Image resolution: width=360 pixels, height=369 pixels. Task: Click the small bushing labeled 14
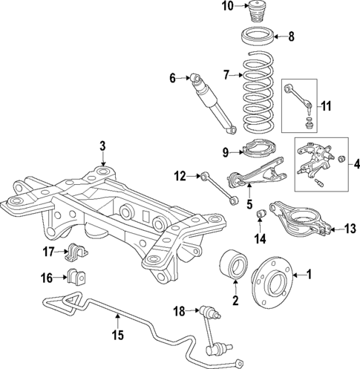[x=261, y=215]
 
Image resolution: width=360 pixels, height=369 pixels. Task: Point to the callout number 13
[x=351, y=230]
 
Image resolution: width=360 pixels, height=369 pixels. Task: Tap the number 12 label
[x=179, y=176]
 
